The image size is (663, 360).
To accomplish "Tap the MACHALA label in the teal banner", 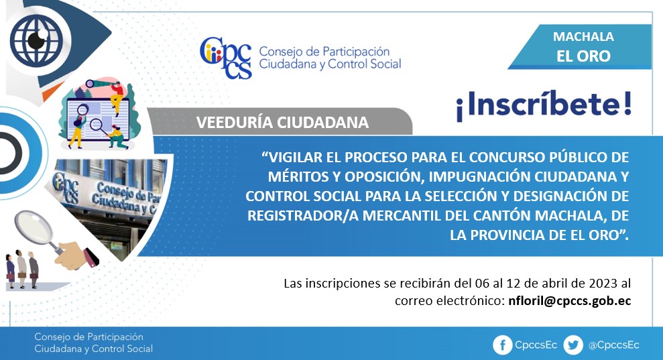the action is point(583,37).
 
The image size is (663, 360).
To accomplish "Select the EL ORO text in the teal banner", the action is point(583,56).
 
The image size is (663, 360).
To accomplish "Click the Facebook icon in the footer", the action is point(502,345).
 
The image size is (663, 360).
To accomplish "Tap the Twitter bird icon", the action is point(573,345).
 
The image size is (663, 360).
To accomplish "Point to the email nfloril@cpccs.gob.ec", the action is point(570,301).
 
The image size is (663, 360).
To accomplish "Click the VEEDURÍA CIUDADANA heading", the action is point(282,123).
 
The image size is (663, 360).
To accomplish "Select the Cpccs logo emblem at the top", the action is point(226,58).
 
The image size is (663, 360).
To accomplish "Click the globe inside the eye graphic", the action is point(36,41).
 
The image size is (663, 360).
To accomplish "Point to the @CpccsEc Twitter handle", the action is point(613,345).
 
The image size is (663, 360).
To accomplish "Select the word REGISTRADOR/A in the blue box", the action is point(303,216).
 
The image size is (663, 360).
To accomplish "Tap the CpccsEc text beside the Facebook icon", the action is point(536,345).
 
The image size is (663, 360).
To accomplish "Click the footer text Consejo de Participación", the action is point(88,337).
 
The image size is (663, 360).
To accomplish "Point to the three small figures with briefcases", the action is point(22,269).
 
